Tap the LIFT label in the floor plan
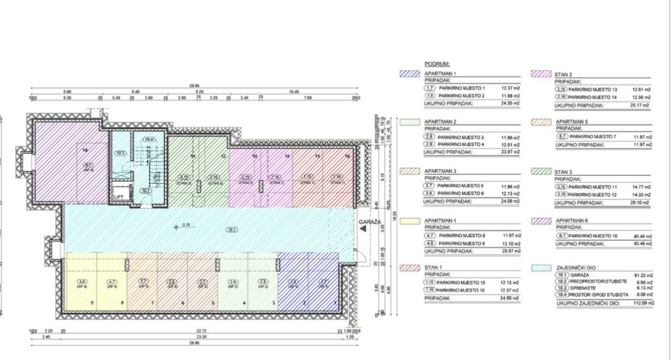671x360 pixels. pyautogui.click(x=119, y=197)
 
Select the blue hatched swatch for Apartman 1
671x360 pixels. pyautogui.click(x=409, y=74)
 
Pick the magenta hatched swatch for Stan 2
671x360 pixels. pyautogui.click(x=542, y=74)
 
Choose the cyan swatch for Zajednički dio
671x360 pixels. pyautogui.click(x=542, y=267)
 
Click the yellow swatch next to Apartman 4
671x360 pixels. pyautogui.click(x=409, y=221)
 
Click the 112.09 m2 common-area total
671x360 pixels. pyautogui.click(x=643, y=303)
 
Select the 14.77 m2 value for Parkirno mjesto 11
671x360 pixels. pyautogui.click(x=642, y=187)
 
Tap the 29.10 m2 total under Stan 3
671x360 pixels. pyautogui.click(x=642, y=202)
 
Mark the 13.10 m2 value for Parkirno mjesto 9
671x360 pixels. pyautogui.click(x=513, y=243)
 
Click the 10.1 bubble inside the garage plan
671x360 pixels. pyautogui.click(x=232, y=229)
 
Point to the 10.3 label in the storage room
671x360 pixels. pyautogui.click(x=121, y=154)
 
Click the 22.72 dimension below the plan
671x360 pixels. pyautogui.click(x=201, y=331)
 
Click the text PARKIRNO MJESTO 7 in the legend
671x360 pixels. pyautogui.click(x=594, y=137)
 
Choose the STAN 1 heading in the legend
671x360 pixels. pyautogui.click(x=433, y=268)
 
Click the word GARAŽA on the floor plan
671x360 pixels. pyautogui.click(x=384, y=222)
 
